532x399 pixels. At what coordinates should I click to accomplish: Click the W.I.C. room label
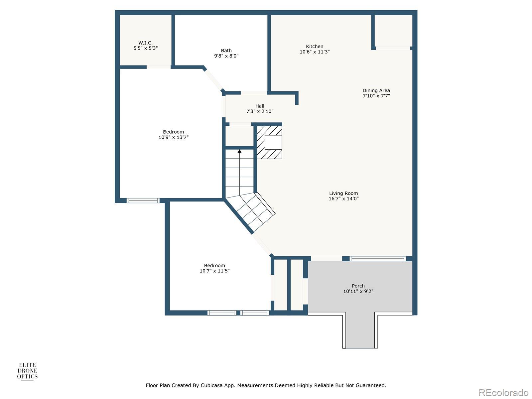coord(145,43)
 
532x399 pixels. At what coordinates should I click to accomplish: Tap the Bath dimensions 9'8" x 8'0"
coord(226,56)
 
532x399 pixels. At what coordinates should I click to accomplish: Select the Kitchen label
coord(314,47)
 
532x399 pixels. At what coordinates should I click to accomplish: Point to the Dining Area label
coord(376,90)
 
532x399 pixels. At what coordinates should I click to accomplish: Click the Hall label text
coord(260,106)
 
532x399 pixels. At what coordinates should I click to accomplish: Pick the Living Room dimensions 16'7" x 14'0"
coord(343,199)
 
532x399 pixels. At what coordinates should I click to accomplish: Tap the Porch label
coord(358,286)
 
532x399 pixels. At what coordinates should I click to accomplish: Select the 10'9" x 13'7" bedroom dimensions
coord(173,137)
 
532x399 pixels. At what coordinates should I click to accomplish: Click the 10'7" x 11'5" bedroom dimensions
coord(214,271)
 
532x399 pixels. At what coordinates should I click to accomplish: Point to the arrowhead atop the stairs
coord(239,151)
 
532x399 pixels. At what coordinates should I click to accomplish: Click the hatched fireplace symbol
coord(269,142)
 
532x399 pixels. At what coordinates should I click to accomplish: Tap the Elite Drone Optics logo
coord(27,371)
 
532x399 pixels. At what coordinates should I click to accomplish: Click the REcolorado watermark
coord(504,392)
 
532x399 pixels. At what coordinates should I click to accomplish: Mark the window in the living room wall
coord(378,259)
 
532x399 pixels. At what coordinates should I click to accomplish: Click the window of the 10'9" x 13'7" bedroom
coord(143,200)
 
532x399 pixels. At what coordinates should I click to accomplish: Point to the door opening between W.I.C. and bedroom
coord(159,67)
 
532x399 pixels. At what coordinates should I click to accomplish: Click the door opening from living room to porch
coord(327,259)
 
